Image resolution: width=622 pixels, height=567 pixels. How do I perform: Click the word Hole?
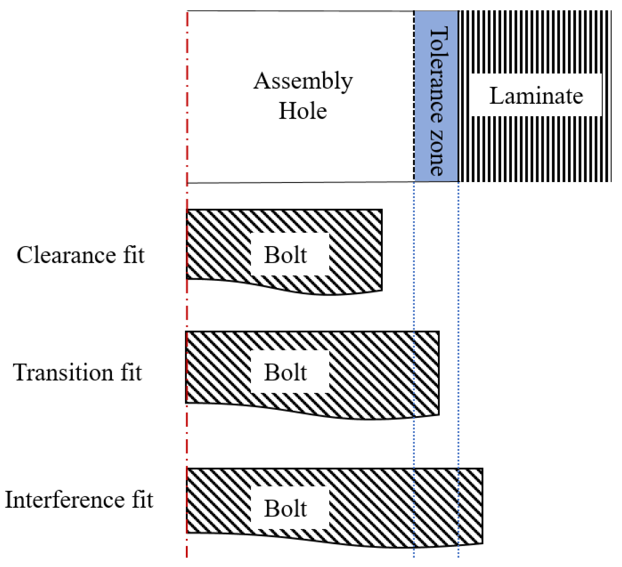tap(303, 111)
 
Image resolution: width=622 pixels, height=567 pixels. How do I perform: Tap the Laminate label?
tap(536, 96)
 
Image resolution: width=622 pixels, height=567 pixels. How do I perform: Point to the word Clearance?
tap(66, 255)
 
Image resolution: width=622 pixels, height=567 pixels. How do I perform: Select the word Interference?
tap(64, 500)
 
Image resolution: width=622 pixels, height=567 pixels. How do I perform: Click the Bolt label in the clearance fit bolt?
tap(285, 255)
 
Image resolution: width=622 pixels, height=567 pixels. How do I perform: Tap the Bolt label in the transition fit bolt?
tap(285, 373)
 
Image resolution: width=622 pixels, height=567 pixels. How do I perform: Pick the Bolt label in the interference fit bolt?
tap(285, 509)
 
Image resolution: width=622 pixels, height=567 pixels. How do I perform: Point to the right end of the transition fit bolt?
tap(438, 373)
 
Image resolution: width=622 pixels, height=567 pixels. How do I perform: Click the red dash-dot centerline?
tap(187, 312)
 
